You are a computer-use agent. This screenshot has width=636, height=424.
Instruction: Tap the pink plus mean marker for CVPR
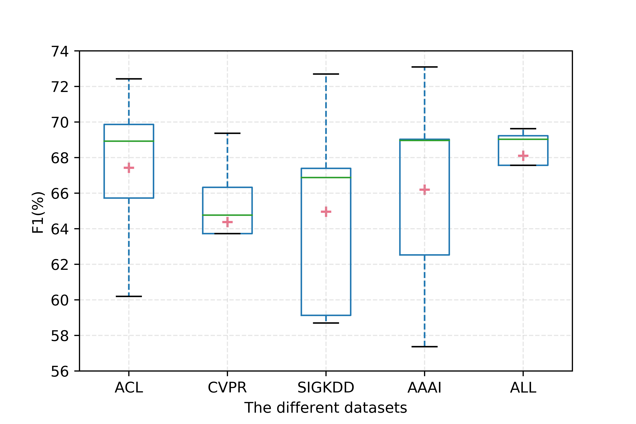point(227,222)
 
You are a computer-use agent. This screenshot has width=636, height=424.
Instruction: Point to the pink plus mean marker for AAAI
point(425,190)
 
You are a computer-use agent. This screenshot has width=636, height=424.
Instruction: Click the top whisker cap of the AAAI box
point(425,67)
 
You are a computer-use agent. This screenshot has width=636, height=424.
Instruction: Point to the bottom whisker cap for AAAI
point(425,347)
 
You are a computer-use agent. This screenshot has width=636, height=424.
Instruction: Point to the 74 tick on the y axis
point(60,51)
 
